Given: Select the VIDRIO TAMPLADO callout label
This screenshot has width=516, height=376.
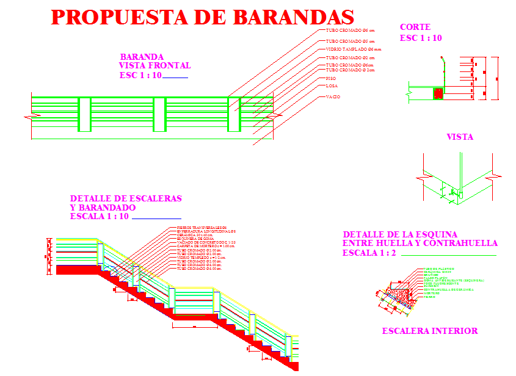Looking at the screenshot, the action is tap(353, 49).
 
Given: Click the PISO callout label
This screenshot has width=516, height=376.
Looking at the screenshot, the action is tap(331, 79).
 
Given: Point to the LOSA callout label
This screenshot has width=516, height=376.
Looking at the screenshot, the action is tap(332, 87).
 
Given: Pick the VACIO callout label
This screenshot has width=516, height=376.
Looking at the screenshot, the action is tap(333, 97).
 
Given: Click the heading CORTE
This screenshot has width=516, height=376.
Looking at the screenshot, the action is tap(415, 27).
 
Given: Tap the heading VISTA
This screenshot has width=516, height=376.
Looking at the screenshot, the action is tap(460, 137).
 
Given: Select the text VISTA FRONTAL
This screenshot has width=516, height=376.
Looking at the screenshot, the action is tap(154, 66).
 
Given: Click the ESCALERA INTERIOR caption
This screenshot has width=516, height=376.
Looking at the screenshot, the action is tap(429, 331).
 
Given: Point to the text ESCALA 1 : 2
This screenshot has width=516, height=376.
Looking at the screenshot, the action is tap(368, 253).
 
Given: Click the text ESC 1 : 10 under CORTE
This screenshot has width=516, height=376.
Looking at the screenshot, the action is tap(421, 38).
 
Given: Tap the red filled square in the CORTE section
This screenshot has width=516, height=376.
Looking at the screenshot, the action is tap(438, 94).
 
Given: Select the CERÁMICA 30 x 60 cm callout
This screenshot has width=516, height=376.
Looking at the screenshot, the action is tap(195, 235).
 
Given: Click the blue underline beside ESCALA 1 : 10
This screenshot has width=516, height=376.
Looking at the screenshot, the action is tap(156, 219).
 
